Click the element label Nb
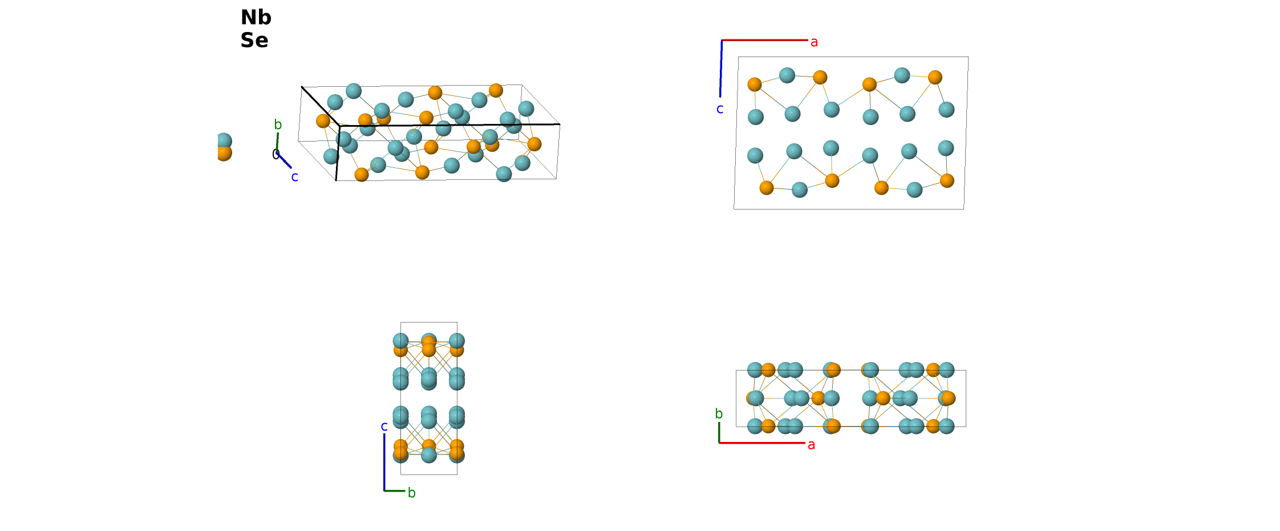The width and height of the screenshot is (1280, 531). (256, 18)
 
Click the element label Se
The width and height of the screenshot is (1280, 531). (254, 41)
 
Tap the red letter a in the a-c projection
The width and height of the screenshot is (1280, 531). (814, 42)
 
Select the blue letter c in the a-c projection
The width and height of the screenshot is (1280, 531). (720, 109)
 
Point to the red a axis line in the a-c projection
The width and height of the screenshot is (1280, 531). (765, 40)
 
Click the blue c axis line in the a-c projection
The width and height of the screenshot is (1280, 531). (721, 69)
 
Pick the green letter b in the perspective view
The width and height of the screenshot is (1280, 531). (278, 124)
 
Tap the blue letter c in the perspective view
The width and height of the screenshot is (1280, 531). (295, 177)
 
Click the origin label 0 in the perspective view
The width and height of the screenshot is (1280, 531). (276, 155)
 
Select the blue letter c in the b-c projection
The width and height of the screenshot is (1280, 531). (384, 427)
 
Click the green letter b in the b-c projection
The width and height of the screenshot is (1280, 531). (412, 493)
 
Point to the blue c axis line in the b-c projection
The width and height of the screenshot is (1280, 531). (384, 462)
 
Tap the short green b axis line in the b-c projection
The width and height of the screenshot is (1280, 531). (395, 490)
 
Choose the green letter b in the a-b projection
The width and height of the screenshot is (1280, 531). (719, 414)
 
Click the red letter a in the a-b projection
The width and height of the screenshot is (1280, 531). (811, 445)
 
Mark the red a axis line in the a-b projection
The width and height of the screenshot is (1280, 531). (762, 442)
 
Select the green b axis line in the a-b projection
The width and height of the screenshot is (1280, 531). (719, 432)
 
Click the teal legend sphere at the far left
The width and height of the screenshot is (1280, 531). (224, 140)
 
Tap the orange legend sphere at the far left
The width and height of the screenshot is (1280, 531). (224, 154)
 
